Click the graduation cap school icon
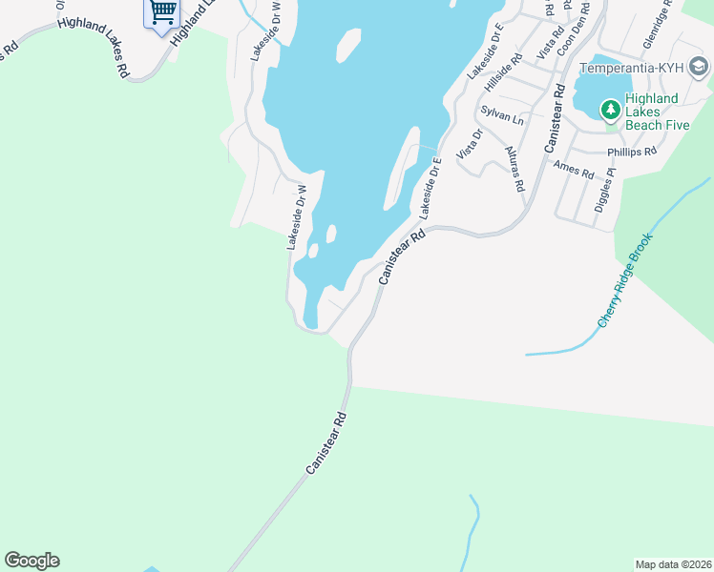click(699, 68)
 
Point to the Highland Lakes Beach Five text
click(651, 112)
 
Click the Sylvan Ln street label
click(502, 115)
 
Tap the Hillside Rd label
click(504, 72)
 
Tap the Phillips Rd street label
click(632, 152)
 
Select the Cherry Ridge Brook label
click(625, 280)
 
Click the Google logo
click(31, 561)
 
